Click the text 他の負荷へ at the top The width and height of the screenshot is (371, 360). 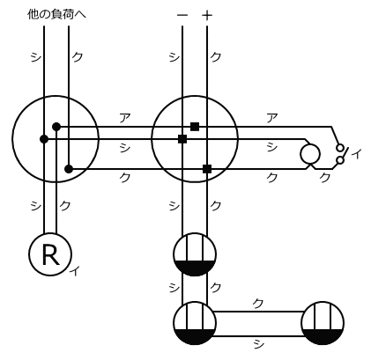(x=56, y=14)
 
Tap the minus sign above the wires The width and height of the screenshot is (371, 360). (x=182, y=15)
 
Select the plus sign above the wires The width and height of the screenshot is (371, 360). (x=207, y=15)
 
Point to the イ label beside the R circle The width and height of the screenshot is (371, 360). (x=75, y=270)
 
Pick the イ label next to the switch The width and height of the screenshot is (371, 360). (x=356, y=154)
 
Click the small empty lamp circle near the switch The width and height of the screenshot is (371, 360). (x=310, y=154)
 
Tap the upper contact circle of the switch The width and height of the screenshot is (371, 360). (x=340, y=148)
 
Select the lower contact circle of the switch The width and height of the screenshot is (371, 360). (x=340, y=160)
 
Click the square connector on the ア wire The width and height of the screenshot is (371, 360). (x=195, y=127)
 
